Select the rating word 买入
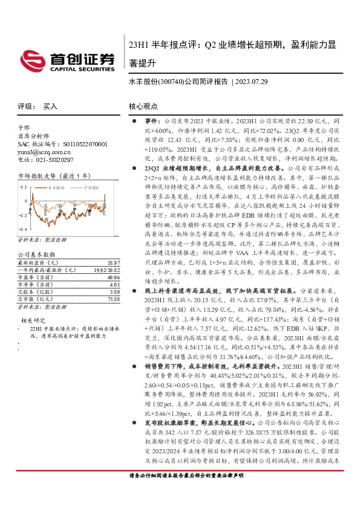(x=50, y=106)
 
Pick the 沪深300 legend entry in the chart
(x=85, y=188)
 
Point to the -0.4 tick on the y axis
(x=23, y=230)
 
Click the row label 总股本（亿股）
(x=31, y=291)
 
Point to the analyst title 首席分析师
(x=30, y=137)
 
